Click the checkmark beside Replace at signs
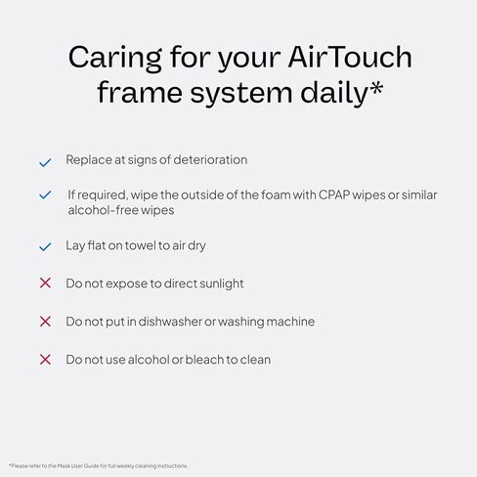pos(44,161)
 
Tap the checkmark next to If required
pos(44,195)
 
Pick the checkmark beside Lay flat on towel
pos(44,247)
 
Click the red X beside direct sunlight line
pos(44,283)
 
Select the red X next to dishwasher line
pos(44,322)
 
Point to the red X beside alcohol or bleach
pos(44,360)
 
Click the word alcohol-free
pos(102,210)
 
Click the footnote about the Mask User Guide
pos(98,465)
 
